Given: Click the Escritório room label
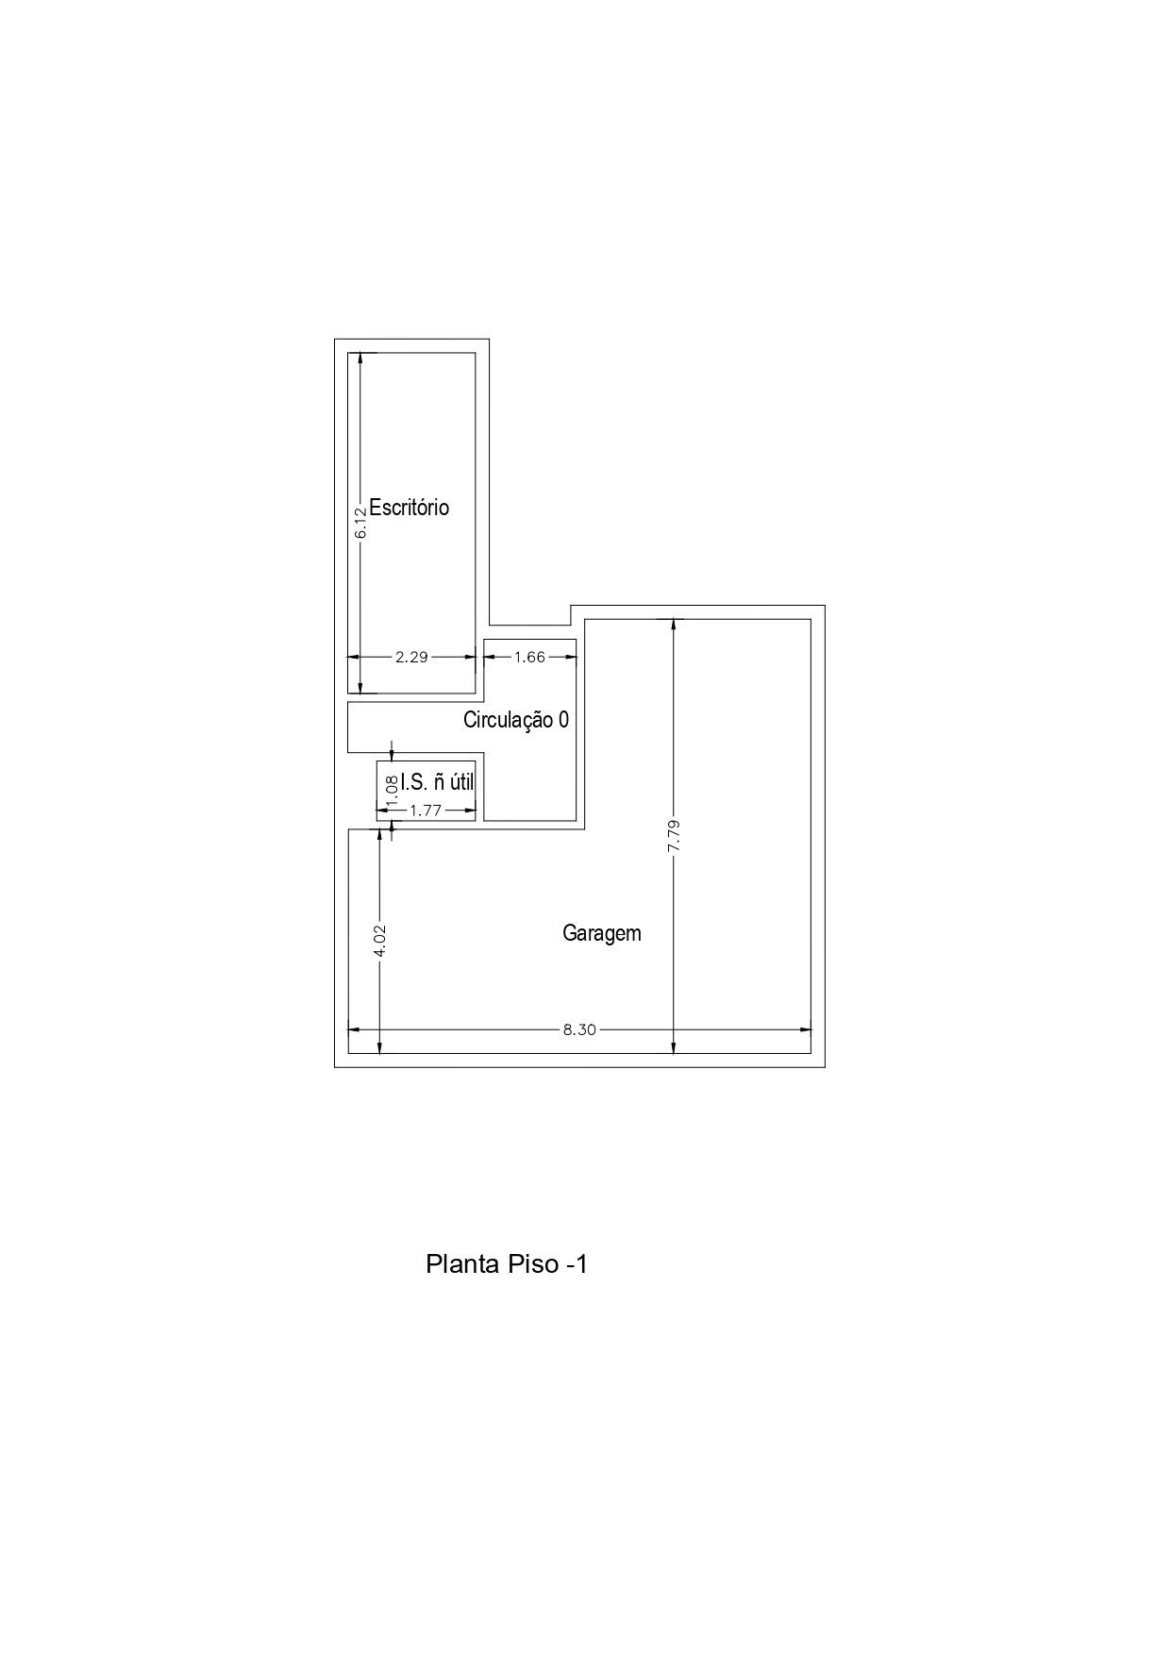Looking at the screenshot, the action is click(x=409, y=508).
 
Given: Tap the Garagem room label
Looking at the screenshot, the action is click(x=602, y=934).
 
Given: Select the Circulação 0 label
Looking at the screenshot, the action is click(x=516, y=720).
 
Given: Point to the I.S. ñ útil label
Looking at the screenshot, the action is click(x=437, y=782).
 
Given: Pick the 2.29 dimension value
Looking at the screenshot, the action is click(x=411, y=658).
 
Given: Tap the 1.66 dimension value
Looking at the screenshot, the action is click(x=529, y=658).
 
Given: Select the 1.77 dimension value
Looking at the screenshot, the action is click(x=426, y=810).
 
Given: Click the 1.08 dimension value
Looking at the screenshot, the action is click(x=392, y=788).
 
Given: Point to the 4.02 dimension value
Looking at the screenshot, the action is click(x=380, y=940).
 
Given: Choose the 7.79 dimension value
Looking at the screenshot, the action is click(x=673, y=836).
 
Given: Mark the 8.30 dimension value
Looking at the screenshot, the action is click(x=579, y=1029).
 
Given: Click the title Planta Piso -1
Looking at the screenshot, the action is click(x=507, y=1263).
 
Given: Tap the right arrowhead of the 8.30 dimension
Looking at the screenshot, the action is click(x=804, y=1029).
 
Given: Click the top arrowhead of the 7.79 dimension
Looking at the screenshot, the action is click(x=673, y=627).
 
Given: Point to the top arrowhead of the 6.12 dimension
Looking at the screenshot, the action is click(x=360, y=360).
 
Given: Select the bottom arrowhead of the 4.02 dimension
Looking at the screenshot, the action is click(x=380, y=1045).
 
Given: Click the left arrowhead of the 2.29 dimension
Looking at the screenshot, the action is click(x=356, y=658).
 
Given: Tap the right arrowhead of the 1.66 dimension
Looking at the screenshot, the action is click(x=569, y=658).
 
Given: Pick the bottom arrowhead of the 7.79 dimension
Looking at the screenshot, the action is click(x=673, y=1045).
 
